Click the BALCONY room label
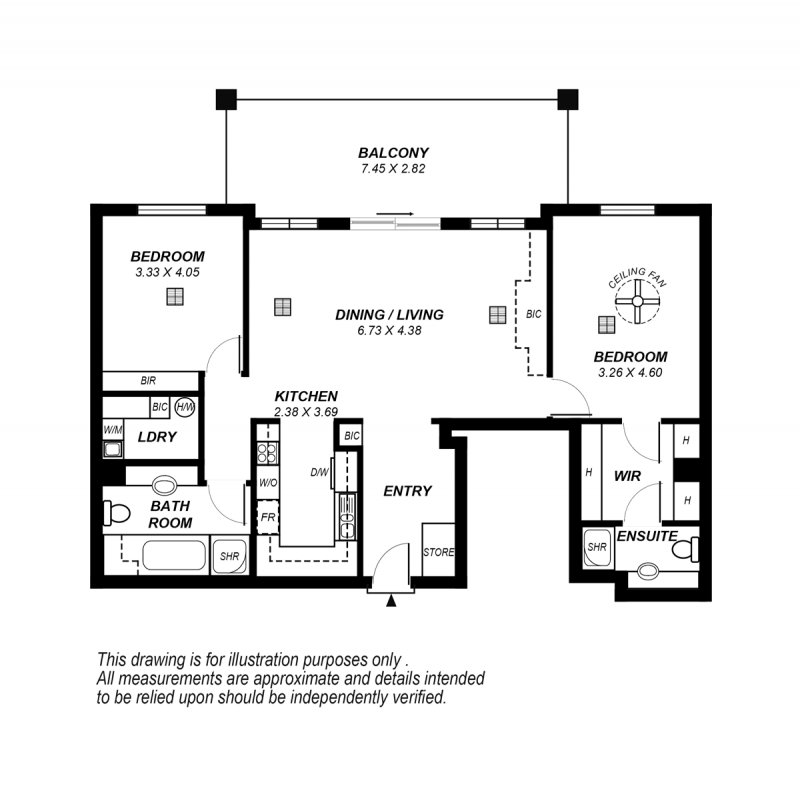[x=393, y=153]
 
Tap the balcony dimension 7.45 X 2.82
[x=393, y=169]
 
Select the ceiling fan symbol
[x=637, y=301]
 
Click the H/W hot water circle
[x=185, y=407]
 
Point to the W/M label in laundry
[x=113, y=430]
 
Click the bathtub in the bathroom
[x=174, y=556]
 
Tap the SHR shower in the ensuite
[x=597, y=547]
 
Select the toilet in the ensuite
[x=685, y=549]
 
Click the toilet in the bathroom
[x=117, y=513]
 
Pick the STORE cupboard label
[x=438, y=552]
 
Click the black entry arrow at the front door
[x=391, y=601]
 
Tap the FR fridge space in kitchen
[x=267, y=517]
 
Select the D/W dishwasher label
[x=319, y=472]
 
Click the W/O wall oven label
[x=268, y=482]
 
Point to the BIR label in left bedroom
[x=148, y=381]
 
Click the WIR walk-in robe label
[x=627, y=476]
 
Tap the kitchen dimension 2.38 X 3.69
[x=306, y=412]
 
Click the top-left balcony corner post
[x=226, y=99]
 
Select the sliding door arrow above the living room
[x=395, y=214]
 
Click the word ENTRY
[x=408, y=491]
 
